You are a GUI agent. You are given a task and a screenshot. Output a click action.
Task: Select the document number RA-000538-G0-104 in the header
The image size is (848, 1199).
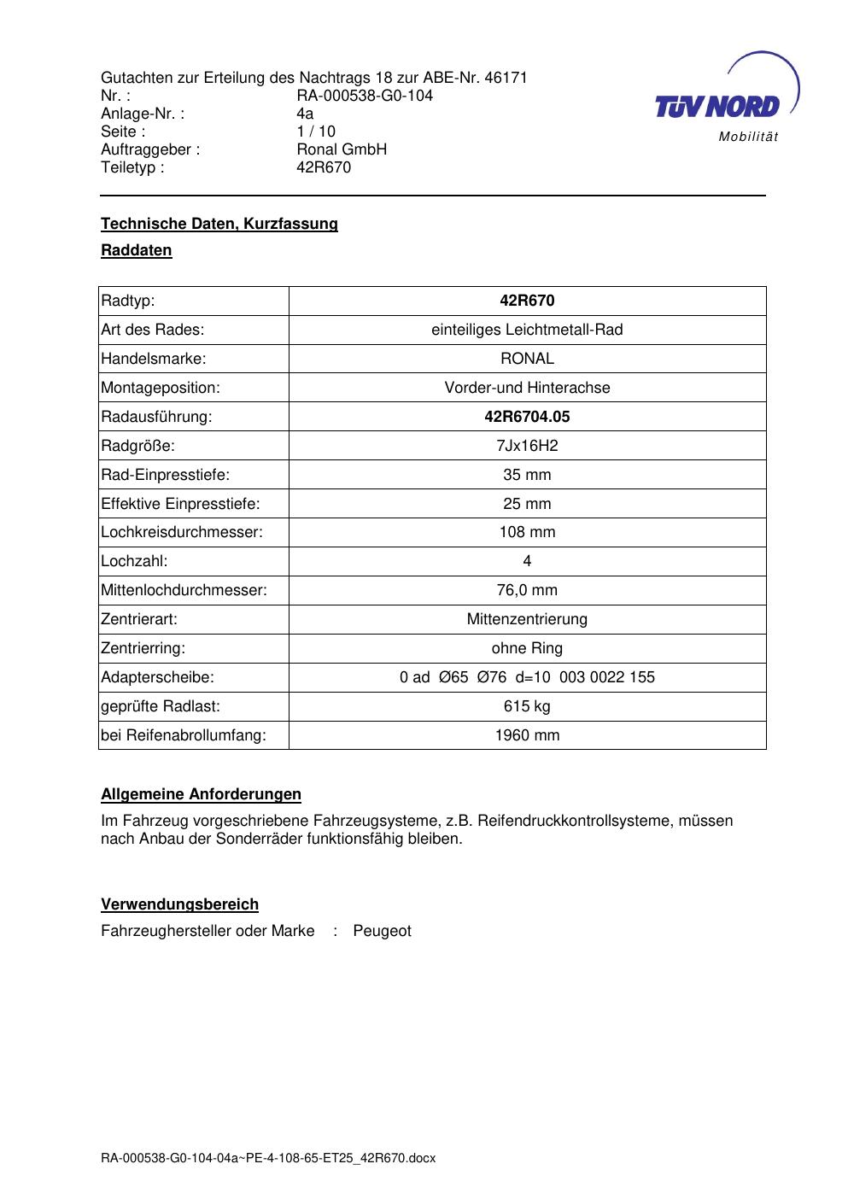coord(365,96)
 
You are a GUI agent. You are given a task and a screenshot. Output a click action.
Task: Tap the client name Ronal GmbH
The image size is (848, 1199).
coord(342,149)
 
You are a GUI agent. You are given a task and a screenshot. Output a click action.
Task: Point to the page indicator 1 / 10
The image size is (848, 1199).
coord(316,132)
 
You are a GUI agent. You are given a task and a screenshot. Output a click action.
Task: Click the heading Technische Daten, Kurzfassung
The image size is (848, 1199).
coord(219,224)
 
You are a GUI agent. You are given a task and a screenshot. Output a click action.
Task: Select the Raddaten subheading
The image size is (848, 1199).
coord(137,250)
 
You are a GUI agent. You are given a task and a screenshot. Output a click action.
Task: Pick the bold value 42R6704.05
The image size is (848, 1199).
coord(527,417)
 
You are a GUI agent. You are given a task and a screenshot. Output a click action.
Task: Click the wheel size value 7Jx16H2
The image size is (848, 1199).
coord(527,446)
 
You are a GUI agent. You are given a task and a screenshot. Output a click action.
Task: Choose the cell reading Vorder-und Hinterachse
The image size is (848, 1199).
coord(527,388)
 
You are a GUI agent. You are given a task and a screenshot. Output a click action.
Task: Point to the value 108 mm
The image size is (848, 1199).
coord(527,532)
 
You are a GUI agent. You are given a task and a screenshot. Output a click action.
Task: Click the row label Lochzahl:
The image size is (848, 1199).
coord(134,561)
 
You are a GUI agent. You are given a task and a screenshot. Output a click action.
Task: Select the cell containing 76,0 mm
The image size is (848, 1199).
coord(527,590)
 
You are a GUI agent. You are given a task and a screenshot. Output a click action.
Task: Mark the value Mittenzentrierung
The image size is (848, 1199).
coord(527,619)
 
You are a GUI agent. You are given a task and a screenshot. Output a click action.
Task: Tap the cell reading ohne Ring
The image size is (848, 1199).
coord(527,648)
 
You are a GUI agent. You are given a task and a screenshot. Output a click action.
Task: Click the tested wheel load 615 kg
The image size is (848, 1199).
coord(527,706)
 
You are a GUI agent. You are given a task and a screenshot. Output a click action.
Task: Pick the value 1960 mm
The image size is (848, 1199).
coord(527,735)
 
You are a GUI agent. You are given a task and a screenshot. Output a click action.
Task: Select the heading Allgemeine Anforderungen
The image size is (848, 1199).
coord(201,794)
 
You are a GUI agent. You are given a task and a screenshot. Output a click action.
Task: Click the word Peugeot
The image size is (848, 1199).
coord(382,931)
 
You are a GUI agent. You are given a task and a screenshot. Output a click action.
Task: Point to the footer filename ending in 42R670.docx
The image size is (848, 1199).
coord(268,1158)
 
